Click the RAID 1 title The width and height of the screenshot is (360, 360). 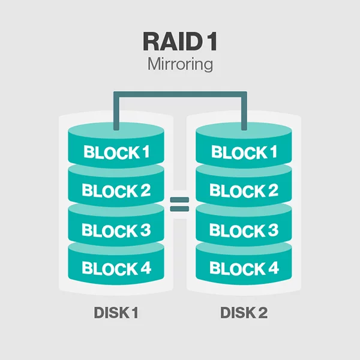point(180,41)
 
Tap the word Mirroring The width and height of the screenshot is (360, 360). point(180,64)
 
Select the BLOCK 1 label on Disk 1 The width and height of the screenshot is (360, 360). point(116,152)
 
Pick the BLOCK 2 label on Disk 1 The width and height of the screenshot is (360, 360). point(116,191)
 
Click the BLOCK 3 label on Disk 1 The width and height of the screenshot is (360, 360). point(116,230)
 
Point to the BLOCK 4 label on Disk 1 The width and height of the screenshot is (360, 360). point(116,268)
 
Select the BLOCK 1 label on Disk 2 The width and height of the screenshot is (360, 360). point(244,152)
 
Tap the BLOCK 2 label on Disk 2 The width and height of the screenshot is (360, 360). point(244,191)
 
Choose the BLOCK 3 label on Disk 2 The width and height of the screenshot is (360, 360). point(244,230)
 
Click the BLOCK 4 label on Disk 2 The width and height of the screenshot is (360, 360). point(244,268)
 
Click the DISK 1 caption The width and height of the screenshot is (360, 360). point(116,313)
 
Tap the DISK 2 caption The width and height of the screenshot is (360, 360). point(244,313)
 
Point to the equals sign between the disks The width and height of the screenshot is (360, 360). point(179,204)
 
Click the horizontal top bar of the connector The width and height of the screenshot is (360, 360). point(180,94)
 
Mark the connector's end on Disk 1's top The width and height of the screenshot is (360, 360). point(116,129)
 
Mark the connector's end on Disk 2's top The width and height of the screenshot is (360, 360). point(244,129)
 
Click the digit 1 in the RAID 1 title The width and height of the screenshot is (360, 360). point(212,41)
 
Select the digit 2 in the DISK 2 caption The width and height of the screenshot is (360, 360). point(262,313)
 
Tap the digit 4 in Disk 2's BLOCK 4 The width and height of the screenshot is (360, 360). point(273,268)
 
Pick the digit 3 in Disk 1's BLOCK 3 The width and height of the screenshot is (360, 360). point(145,230)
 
